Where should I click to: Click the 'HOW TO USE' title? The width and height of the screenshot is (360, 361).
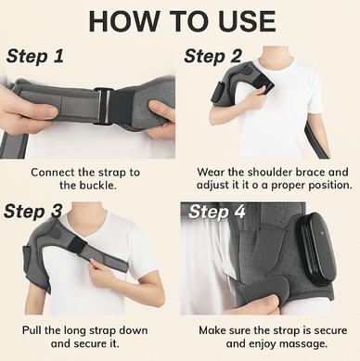point(182,21)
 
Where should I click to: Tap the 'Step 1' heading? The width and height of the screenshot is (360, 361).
point(34,57)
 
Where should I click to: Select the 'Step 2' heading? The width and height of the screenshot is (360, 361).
point(212,57)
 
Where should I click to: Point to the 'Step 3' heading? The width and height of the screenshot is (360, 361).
point(32,212)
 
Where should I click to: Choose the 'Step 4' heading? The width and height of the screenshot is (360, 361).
point(217,212)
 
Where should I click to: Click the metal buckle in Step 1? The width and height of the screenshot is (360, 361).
point(103,106)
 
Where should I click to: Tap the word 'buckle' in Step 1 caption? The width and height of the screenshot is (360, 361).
point(97,186)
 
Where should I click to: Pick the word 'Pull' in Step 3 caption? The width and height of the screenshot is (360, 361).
point(32,330)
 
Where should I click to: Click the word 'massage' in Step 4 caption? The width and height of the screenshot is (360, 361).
point(306,343)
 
